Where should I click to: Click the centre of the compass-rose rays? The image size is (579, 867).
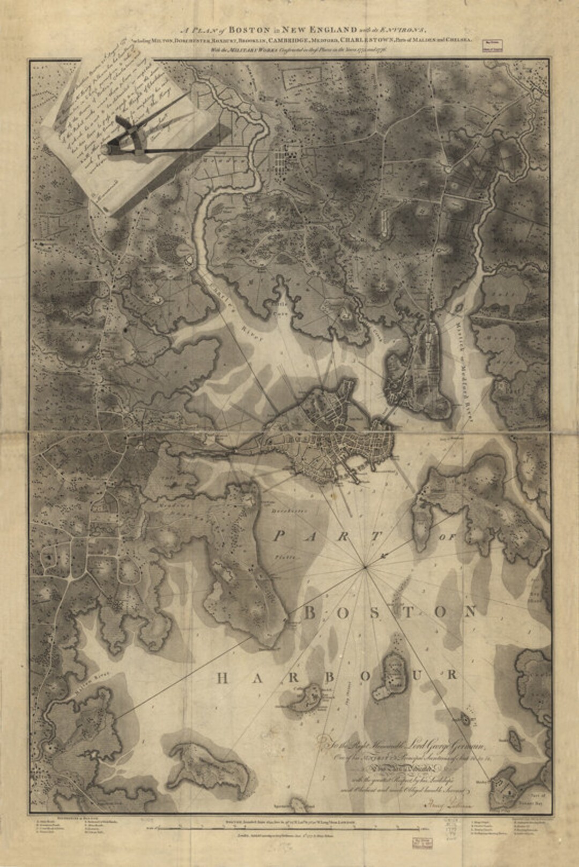pyautogui.click(x=366, y=566)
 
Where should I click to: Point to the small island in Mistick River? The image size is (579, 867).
pyautogui.click(x=459, y=309)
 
